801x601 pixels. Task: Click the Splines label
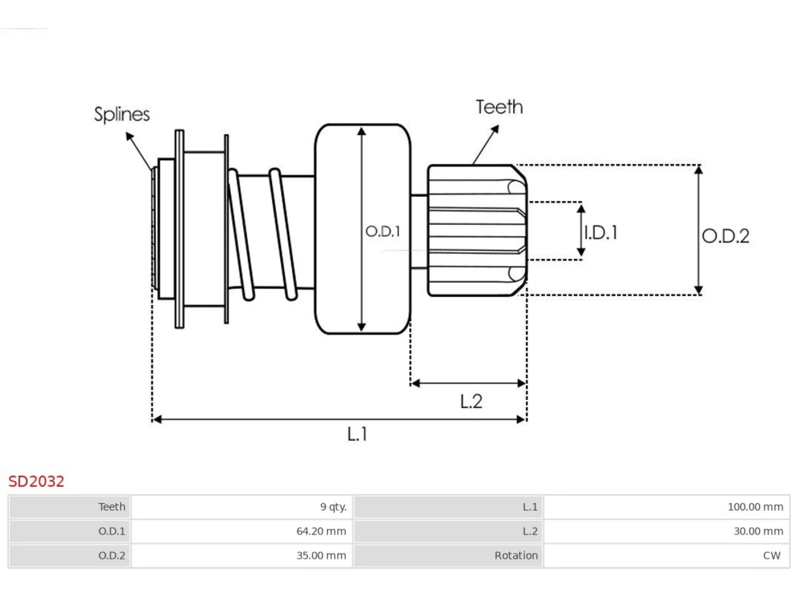pyautogui.click(x=122, y=115)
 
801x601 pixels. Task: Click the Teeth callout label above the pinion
pyautogui.click(x=499, y=107)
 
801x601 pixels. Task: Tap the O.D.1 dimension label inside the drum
pyautogui.click(x=383, y=232)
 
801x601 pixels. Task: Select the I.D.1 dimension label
pyautogui.click(x=601, y=232)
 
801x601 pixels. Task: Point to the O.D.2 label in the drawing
pyautogui.click(x=725, y=236)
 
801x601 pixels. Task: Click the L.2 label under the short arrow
pyautogui.click(x=471, y=401)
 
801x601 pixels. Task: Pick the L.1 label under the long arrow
pyautogui.click(x=357, y=434)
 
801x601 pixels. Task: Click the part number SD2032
pyautogui.click(x=36, y=481)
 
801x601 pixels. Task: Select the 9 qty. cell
pyautogui.click(x=333, y=507)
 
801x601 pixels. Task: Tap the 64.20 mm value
pyautogui.click(x=321, y=531)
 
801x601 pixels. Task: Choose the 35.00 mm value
pyautogui.click(x=321, y=555)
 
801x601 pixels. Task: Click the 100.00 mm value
pyautogui.click(x=755, y=506)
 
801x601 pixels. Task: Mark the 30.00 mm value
pyautogui.click(x=758, y=531)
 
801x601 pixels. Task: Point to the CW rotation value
pyautogui.click(x=772, y=555)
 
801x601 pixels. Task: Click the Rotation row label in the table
pyautogui.click(x=516, y=555)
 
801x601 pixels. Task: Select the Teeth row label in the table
pyautogui.click(x=111, y=506)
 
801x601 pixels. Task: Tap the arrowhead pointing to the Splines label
pyautogui.click(x=129, y=136)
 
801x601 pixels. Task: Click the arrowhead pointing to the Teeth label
pyautogui.click(x=495, y=128)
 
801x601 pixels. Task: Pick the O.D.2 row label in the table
pyautogui.click(x=111, y=555)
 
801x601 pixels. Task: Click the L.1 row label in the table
pyautogui.click(x=530, y=506)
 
